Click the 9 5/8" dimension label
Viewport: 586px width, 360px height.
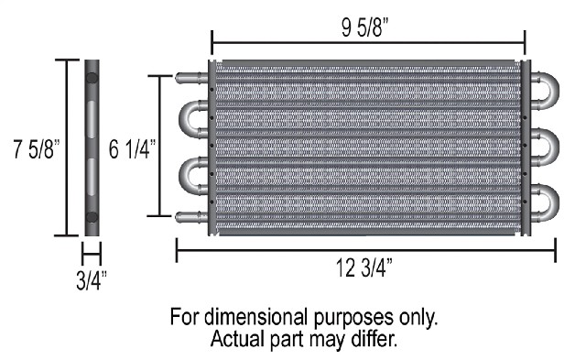(x=364, y=27)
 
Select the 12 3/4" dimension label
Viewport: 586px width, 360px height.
(x=364, y=267)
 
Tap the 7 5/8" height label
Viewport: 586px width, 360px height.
(x=37, y=149)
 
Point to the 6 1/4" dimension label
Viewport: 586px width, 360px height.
(x=132, y=149)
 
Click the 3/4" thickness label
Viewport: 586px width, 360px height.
(x=92, y=280)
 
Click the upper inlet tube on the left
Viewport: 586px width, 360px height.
(x=191, y=78)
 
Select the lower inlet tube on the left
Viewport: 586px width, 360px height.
(x=191, y=217)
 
